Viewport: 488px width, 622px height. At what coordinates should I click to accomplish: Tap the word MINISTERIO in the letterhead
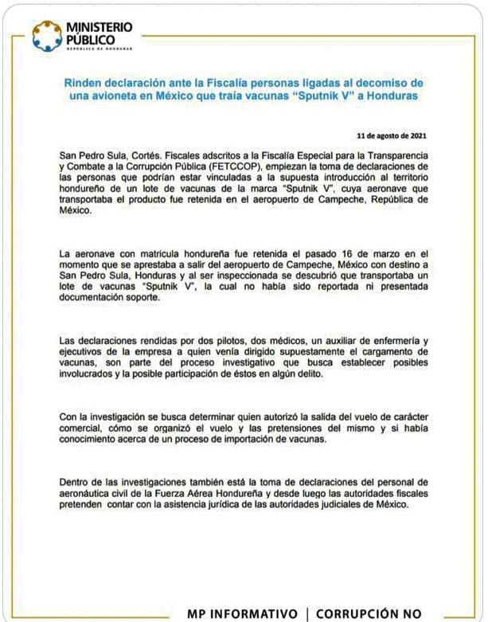coord(100,28)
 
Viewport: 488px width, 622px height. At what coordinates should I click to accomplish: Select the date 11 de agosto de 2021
coord(396,136)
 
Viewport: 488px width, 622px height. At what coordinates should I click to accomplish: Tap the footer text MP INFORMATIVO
coord(240,613)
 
